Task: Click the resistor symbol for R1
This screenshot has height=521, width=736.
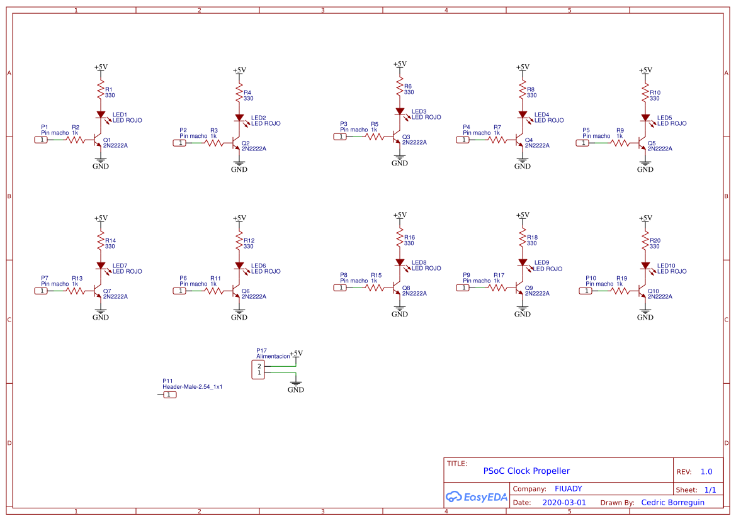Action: coord(101,89)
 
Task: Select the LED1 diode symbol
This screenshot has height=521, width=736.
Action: coord(101,115)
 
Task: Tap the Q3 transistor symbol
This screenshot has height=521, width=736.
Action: coord(397,137)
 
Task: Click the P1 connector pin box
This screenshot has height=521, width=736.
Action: coord(42,140)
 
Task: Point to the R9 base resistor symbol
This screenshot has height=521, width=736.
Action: coord(620,143)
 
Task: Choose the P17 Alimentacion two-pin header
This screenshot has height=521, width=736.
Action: coord(258,369)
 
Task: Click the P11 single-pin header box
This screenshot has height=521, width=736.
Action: coord(169,395)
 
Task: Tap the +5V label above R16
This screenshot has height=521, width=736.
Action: coord(399,215)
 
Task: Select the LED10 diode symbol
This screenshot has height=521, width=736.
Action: coord(646,266)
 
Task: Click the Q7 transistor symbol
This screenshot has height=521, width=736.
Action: coord(98,291)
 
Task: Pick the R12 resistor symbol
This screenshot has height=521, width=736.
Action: coord(239,240)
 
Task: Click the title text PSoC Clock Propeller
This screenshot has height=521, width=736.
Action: coord(526,471)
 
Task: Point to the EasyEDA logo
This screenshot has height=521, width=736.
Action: coord(477,496)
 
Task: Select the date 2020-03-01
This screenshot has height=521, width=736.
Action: coord(564,502)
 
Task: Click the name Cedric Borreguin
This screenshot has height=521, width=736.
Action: coord(672,502)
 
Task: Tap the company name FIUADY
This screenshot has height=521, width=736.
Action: coord(569,489)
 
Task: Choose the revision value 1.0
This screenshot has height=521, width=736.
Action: coord(706,472)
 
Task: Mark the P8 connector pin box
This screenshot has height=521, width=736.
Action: coord(341,288)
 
